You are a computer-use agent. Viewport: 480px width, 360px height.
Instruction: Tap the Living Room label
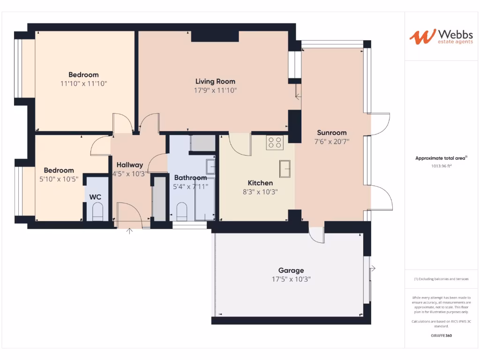tap(215, 82)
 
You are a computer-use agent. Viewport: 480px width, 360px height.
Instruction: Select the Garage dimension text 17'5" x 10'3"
tap(291, 279)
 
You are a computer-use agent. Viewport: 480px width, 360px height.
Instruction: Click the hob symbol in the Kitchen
tap(275, 142)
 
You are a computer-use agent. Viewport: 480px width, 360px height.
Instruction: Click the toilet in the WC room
tap(97, 214)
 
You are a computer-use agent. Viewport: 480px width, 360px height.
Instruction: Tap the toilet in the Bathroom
tap(181, 212)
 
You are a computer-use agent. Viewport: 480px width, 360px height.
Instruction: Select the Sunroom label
tap(331, 132)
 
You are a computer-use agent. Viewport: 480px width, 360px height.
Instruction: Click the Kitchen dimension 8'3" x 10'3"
tap(260, 192)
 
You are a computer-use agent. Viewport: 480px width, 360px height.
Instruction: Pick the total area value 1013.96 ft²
tap(441, 166)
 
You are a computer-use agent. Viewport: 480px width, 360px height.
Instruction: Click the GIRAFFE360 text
tap(441, 336)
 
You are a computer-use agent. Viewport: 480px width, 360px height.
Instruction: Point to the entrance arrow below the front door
tap(129, 231)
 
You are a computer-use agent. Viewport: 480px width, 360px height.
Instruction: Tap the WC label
tap(95, 197)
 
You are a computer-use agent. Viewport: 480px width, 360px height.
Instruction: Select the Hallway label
tap(130, 165)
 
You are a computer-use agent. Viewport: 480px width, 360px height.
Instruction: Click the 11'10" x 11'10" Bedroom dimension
tap(83, 83)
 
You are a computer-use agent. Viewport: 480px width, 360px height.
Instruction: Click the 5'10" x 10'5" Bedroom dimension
tap(59, 179)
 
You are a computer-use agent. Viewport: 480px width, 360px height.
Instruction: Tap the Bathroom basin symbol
tap(211, 166)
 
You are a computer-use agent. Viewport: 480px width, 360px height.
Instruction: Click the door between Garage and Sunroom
tap(317, 235)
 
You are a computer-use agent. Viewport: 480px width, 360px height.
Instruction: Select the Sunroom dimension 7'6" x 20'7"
tap(331, 141)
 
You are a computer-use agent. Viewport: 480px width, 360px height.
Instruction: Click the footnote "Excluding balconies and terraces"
tap(441, 279)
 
